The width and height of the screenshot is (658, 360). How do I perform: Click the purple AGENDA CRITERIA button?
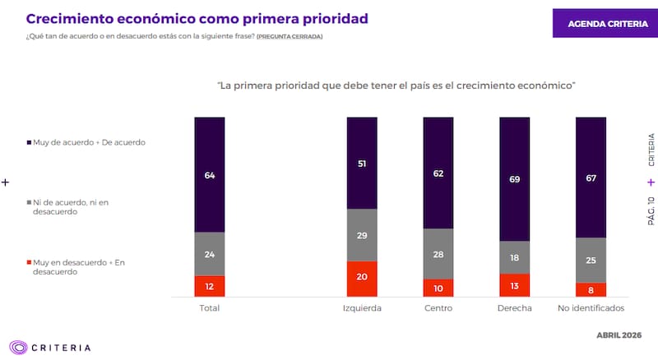(x=607, y=23)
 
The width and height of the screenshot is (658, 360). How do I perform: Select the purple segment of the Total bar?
(x=209, y=174)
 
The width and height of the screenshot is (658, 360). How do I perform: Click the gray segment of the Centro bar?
(x=438, y=253)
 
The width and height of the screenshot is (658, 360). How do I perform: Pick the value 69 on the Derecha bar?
(x=514, y=178)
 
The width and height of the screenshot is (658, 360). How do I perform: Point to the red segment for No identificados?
(x=590, y=289)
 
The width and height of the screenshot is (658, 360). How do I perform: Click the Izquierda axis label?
(x=361, y=308)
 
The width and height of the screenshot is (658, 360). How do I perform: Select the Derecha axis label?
(x=514, y=308)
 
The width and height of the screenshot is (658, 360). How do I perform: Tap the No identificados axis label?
(x=590, y=308)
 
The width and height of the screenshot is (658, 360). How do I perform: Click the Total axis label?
(x=209, y=308)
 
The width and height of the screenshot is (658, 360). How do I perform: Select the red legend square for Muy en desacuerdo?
(x=28, y=263)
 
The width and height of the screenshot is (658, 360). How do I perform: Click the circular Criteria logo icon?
(x=17, y=347)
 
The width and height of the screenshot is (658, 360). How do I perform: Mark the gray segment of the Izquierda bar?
(x=361, y=235)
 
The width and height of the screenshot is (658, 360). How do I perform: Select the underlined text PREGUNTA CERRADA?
(x=290, y=37)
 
